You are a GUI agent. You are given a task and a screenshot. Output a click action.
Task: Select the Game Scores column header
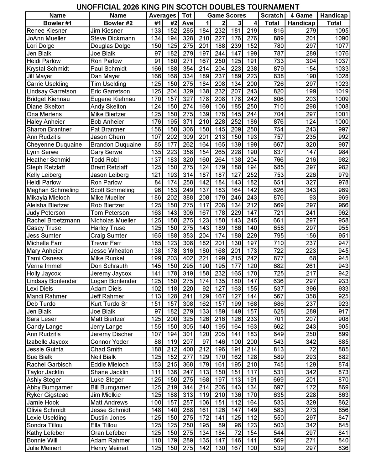(x=227, y=15)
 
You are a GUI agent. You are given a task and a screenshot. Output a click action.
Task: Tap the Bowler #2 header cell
(x=118, y=23)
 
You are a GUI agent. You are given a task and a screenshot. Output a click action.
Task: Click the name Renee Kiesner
(x=47, y=31)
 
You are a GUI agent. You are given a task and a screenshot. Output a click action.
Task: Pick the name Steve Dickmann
(x=112, y=38)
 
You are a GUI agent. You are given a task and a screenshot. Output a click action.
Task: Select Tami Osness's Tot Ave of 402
(x=187, y=258)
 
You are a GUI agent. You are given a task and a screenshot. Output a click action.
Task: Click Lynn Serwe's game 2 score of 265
(x=220, y=152)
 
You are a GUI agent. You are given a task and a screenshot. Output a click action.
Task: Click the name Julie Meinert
(x=44, y=448)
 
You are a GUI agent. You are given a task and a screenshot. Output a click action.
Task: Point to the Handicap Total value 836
(x=343, y=448)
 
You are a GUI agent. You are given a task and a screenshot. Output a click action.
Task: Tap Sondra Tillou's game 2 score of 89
(x=222, y=425)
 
